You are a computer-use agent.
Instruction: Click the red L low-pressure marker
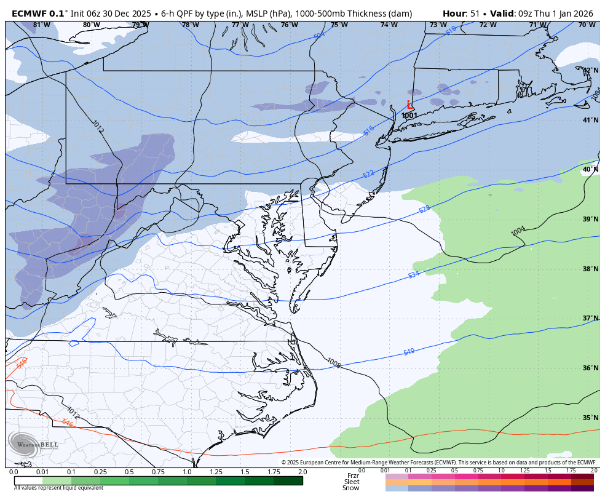tap(409, 105)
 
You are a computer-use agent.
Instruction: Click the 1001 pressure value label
tap(409, 116)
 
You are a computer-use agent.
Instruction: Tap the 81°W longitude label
tap(41, 25)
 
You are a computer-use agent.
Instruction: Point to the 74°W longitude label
tap(389, 25)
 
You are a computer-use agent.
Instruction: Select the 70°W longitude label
tap(587, 25)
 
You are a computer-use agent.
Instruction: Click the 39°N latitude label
tap(590, 219)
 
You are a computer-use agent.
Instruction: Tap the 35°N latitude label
tap(590, 418)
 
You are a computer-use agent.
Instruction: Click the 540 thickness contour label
tap(409, 352)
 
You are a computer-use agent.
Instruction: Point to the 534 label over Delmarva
tap(413, 274)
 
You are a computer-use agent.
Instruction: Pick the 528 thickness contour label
tap(424, 209)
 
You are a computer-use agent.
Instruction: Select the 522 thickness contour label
tap(368, 174)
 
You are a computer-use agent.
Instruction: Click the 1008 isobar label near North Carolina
tap(334, 363)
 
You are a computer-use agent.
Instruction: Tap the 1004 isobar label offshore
tap(518, 231)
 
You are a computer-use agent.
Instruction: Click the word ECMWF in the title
tap(29, 13)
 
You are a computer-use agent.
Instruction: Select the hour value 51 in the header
tap(475, 13)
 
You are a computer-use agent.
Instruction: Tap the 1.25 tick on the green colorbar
tap(216, 472)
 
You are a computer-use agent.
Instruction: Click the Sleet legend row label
tap(352, 482)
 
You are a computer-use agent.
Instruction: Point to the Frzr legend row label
tap(353, 475)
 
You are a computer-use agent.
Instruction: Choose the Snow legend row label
tap(351, 488)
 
